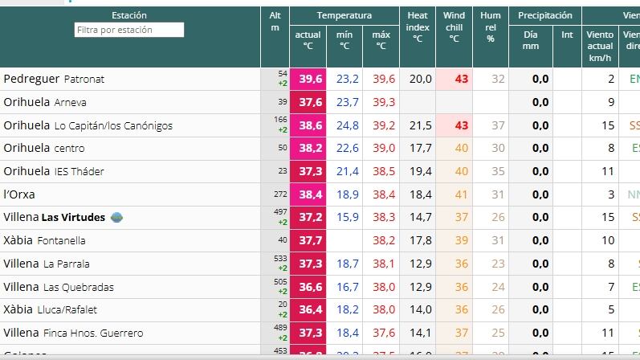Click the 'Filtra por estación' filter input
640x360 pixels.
coord(129,30)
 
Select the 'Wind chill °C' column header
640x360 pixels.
coord(454,27)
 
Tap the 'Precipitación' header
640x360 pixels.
coord(544,15)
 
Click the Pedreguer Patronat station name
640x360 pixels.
coord(54,79)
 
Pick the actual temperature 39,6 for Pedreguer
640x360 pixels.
coord(310,79)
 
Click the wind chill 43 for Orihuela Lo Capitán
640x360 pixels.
coord(461,125)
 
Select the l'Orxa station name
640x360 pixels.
coord(19,194)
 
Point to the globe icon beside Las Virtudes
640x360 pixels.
coord(116,217)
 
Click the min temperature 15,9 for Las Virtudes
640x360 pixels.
coord(347,217)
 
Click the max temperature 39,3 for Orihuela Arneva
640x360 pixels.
coord(383,102)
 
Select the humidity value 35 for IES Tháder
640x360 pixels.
coord(498,171)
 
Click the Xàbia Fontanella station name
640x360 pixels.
coord(44,240)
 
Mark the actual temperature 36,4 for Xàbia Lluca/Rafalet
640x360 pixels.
coord(310,309)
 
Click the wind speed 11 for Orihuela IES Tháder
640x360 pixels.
coord(607,171)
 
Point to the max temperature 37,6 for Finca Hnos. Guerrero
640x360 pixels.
coord(383,333)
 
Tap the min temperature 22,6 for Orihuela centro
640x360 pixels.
coord(347,148)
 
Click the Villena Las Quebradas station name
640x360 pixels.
coord(59,287)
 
